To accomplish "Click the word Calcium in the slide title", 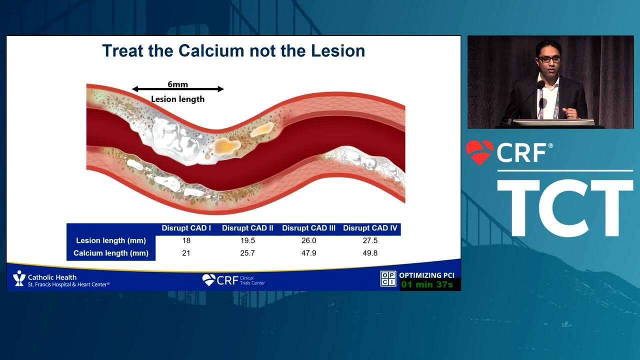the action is (x=211, y=51).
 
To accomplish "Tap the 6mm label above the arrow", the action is (x=177, y=84).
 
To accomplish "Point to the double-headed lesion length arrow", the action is (x=177, y=89).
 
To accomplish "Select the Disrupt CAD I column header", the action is (x=186, y=228).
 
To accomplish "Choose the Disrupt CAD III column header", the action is (x=308, y=228).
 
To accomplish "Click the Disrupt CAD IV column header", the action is (x=370, y=228).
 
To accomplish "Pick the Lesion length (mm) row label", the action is (x=111, y=240).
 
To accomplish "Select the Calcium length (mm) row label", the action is (x=111, y=253).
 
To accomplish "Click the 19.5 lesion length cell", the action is (x=247, y=240).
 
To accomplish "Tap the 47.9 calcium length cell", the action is (x=308, y=253).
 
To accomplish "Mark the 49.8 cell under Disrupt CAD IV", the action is (x=370, y=253).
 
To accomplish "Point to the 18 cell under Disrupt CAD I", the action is (x=186, y=240).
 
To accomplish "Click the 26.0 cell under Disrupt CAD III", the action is (x=308, y=240).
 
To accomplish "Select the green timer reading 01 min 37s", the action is (x=427, y=284).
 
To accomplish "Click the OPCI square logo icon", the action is (x=388, y=278).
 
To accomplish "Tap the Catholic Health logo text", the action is (x=52, y=277).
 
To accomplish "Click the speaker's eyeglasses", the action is (x=549, y=59).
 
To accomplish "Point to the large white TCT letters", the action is (x=565, y=207).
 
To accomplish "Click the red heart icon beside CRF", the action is (x=479, y=152).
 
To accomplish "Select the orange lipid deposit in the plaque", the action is (x=226, y=146).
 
